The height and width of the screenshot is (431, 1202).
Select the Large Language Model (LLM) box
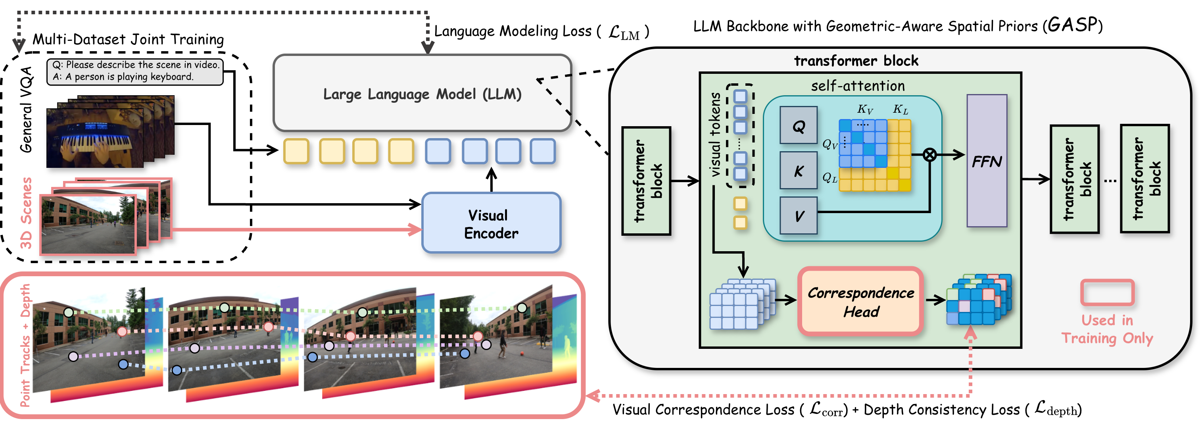click(422, 93)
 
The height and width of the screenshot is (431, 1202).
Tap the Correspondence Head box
click(860, 302)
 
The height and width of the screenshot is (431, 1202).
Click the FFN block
click(987, 161)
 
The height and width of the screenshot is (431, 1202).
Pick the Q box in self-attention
click(799, 125)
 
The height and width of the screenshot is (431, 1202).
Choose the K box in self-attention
click(799, 170)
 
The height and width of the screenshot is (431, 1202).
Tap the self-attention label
click(858, 86)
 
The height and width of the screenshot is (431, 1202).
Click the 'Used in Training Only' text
click(1107, 329)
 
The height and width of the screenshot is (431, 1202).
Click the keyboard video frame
click(95, 138)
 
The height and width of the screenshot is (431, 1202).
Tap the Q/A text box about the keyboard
click(135, 71)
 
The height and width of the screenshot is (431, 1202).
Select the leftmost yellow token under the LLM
click(296, 151)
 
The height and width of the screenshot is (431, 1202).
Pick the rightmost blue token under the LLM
click(543, 151)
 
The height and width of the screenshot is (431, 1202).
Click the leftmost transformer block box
click(646, 181)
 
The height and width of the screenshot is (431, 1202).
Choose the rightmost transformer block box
click(1144, 178)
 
